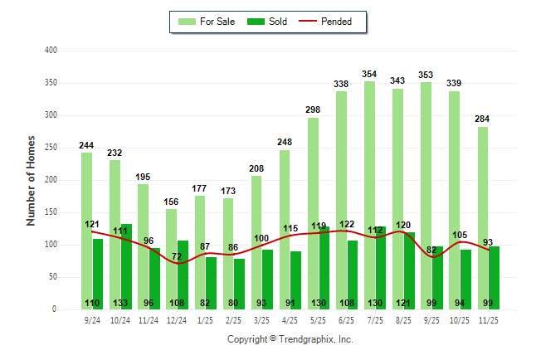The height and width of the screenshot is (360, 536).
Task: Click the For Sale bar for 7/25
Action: point(369,195)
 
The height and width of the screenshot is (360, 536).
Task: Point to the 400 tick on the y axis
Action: point(51,51)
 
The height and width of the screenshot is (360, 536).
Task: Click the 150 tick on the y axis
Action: point(51,212)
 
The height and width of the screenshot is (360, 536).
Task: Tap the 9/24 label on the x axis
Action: point(92,319)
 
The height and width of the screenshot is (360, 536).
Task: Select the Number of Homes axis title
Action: point(32,180)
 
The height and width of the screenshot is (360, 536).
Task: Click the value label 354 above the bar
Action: point(369,74)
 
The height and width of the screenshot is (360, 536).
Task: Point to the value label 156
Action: point(171,202)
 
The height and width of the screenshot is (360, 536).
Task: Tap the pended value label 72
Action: point(176,256)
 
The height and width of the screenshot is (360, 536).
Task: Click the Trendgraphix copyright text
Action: point(290,339)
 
